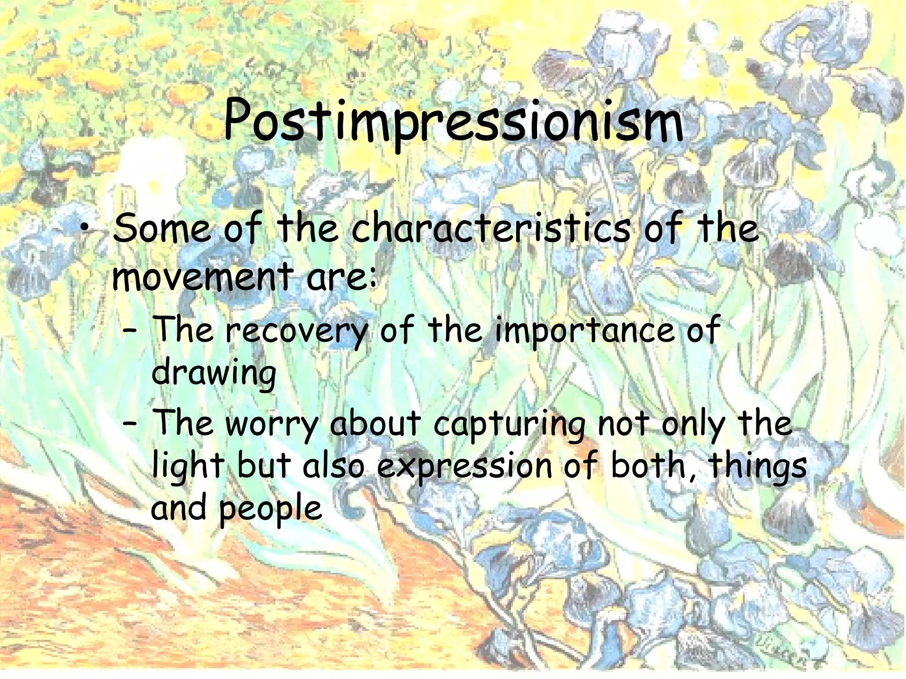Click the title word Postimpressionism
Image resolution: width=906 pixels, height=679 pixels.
(453, 122)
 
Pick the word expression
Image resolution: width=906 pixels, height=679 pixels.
(464, 467)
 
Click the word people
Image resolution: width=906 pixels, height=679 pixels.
(270, 508)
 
